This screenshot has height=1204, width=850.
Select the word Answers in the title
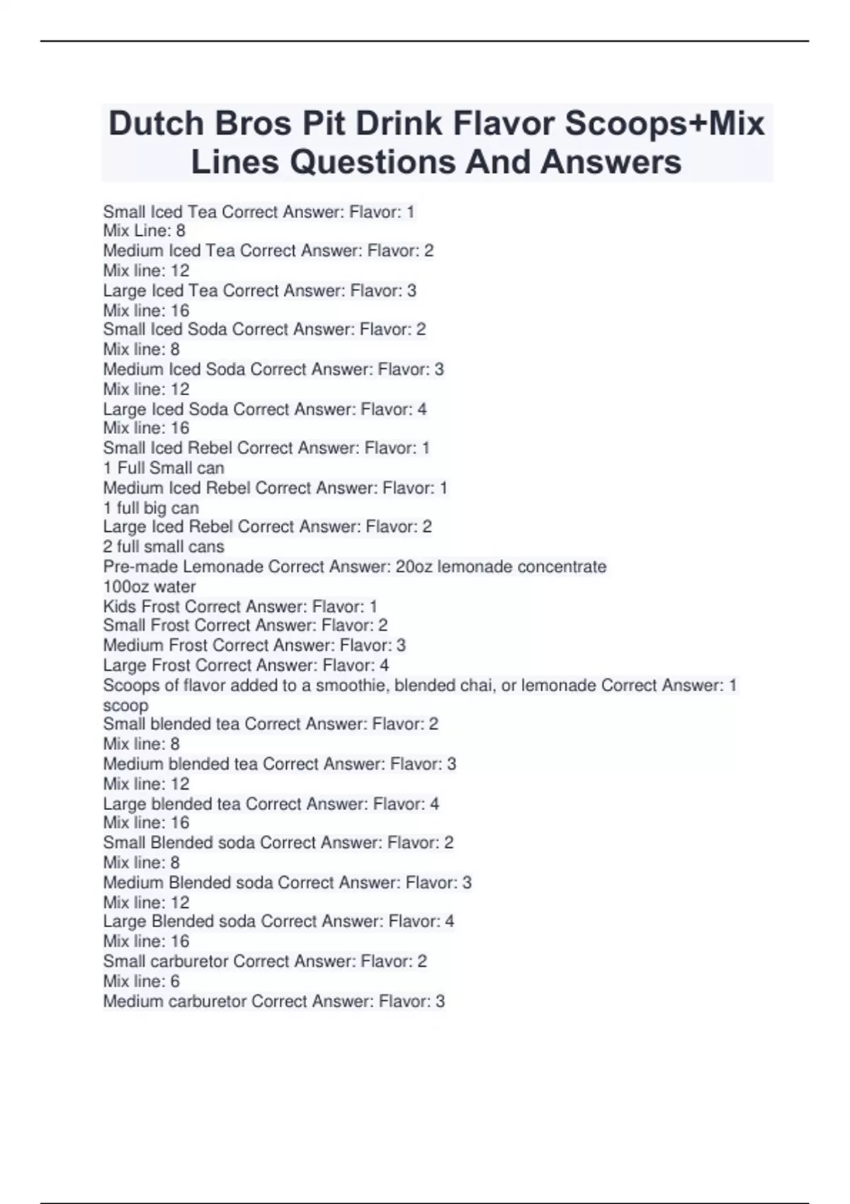611,162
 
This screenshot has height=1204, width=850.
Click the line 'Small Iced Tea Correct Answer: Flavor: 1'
259,212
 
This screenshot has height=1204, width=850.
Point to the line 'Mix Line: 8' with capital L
144,231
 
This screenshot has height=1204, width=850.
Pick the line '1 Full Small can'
164,468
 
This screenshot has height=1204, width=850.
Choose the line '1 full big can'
151,508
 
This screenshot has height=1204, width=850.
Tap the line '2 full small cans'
164,547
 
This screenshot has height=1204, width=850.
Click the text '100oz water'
149,586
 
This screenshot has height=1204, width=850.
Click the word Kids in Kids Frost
120,606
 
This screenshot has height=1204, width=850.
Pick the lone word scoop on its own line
125,705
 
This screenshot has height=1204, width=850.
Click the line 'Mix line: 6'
141,981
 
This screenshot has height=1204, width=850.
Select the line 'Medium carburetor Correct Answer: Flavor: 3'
273,1001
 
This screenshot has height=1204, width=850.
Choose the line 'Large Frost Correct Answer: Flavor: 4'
246,665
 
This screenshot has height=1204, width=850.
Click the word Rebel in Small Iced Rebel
210,448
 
